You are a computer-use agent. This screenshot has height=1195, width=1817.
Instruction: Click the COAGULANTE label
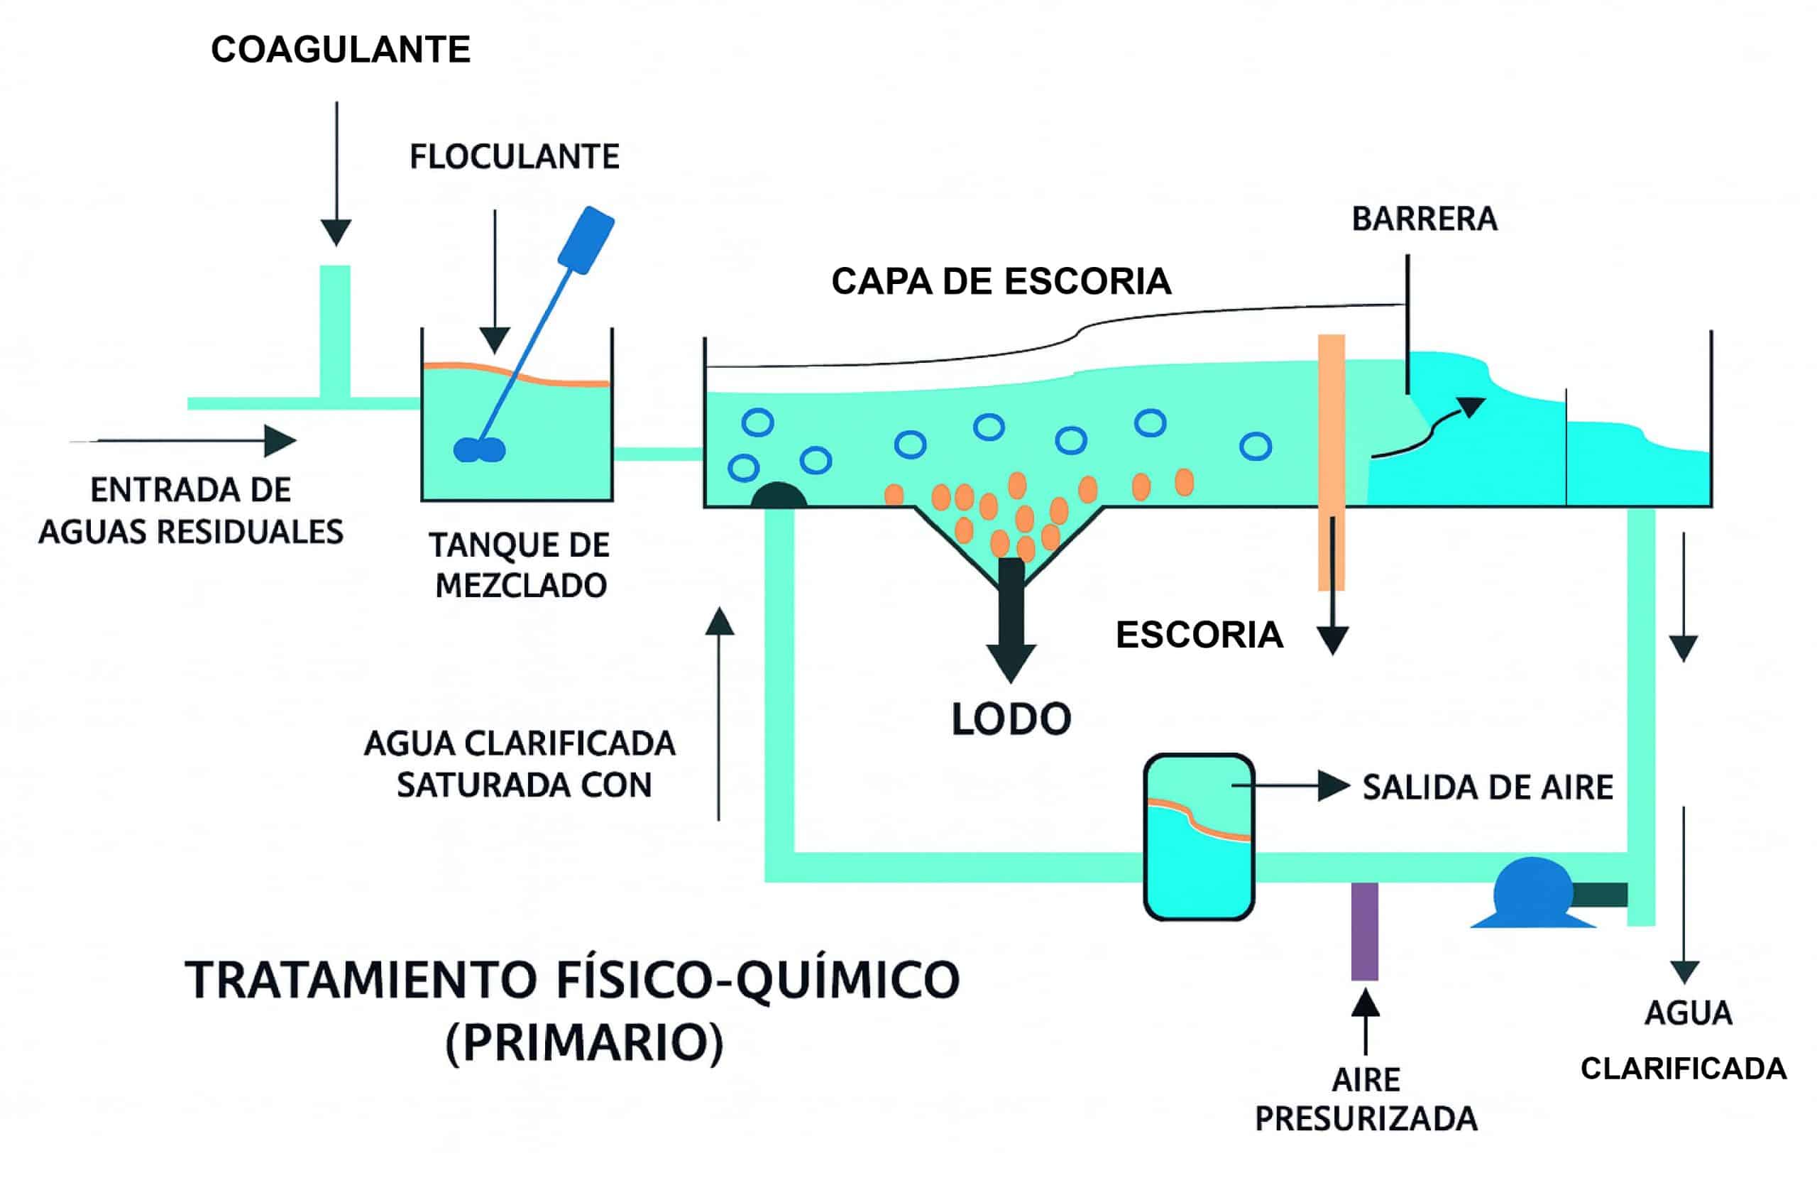point(341,50)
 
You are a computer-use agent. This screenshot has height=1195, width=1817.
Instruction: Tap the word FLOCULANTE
point(514,158)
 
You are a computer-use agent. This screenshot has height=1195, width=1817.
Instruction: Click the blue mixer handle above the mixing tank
point(586,239)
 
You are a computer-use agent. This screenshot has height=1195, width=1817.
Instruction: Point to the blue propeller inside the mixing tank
point(478,449)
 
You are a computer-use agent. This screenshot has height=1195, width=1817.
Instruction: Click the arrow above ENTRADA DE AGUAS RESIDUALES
point(191,441)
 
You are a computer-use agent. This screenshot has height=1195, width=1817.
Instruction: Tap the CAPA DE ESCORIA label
point(1000,282)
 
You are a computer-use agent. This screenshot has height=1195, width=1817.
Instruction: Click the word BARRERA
point(1424,219)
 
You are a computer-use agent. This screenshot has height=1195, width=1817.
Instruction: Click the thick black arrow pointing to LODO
point(1011,618)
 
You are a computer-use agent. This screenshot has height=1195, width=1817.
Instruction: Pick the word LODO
point(1011,719)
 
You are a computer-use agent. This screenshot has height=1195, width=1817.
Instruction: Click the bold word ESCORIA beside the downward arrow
point(1199,635)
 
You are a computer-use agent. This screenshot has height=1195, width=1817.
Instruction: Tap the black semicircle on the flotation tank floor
point(778,496)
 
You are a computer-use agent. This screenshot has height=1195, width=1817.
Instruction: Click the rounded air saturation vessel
point(1199,837)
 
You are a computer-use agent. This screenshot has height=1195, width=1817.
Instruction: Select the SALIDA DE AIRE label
point(1487,787)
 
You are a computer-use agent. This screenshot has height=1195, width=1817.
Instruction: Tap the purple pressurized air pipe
point(1364,932)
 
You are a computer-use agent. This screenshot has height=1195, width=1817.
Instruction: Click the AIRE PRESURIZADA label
point(1366,1101)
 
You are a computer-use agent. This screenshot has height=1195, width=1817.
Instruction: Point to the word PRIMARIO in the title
point(584,1043)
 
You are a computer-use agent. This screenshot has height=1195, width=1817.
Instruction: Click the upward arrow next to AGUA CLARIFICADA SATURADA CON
point(719,710)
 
